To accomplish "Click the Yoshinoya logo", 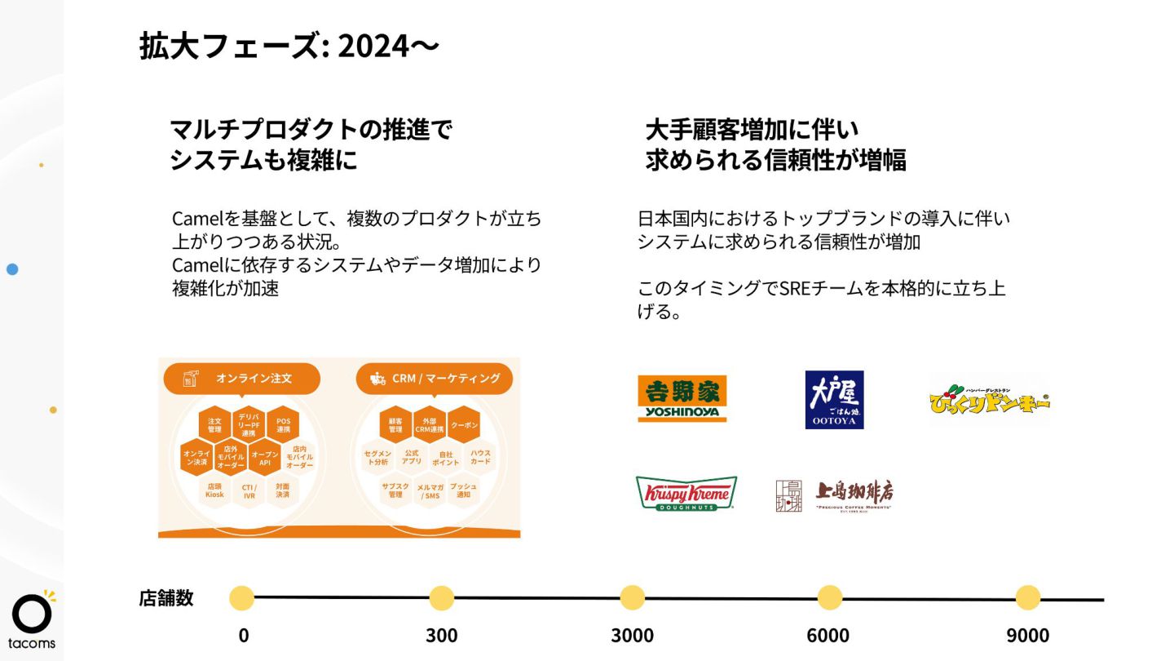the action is click(682, 398).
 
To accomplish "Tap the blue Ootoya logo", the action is click(834, 399).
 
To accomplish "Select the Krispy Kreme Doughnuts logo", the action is click(686, 494).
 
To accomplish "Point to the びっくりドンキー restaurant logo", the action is click(989, 400).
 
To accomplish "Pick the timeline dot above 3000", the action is click(632, 597).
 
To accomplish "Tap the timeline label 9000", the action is click(1027, 636).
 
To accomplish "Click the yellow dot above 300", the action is click(441, 597).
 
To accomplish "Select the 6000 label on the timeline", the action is click(828, 636).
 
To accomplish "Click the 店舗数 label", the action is click(166, 598).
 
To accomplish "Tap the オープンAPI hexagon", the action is click(265, 459).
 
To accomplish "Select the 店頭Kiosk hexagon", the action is click(215, 490).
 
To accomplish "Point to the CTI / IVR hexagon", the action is click(249, 490).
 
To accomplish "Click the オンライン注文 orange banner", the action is click(242, 379).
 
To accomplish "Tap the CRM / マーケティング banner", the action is click(435, 379).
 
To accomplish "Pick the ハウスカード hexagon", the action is click(480, 457).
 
